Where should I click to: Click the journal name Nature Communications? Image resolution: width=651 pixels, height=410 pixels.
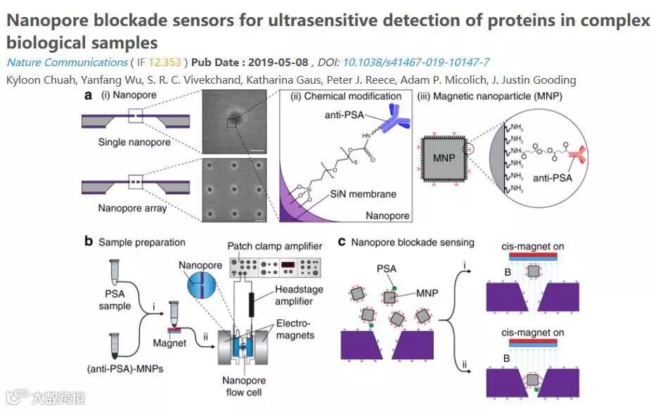(67, 63)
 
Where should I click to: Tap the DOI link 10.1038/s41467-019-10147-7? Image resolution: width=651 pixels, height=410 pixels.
(415, 63)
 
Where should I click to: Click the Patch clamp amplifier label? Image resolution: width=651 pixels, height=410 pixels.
(274, 245)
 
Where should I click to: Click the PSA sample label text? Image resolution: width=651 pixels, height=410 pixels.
(115, 300)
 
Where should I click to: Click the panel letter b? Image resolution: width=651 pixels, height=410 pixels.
(89, 241)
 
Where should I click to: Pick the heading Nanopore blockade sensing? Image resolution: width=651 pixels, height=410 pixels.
(413, 243)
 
